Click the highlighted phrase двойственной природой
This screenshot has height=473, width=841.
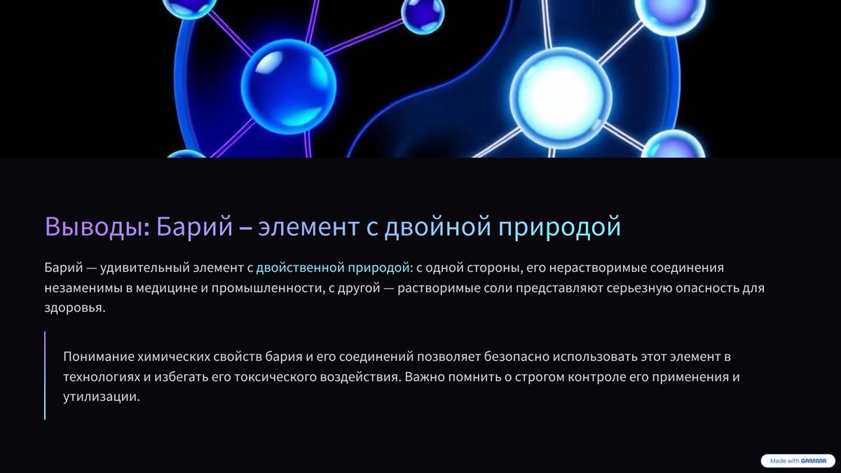pyautogui.click(x=332, y=268)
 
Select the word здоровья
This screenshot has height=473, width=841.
pyautogui.click(x=74, y=308)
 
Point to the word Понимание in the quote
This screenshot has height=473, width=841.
pyautogui.click(x=100, y=357)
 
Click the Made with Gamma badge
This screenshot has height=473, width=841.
pyautogui.click(x=798, y=461)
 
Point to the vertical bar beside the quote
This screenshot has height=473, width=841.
pyautogui.click(x=45, y=376)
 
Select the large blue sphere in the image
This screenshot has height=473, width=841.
pyautogui.click(x=288, y=86)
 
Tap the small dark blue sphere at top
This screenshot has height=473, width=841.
pyautogui.click(x=423, y=15)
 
